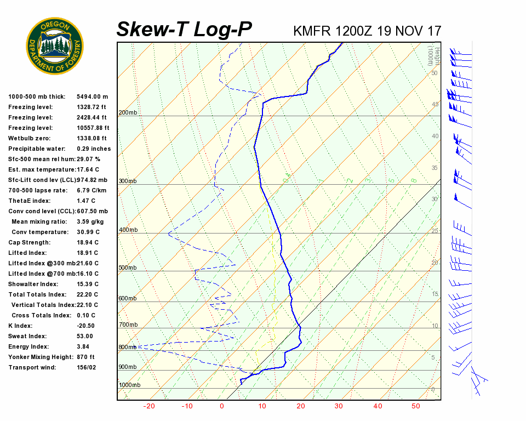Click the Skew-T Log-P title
click(184, 30)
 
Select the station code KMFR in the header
click(312, 31)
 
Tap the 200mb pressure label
click(128, 113)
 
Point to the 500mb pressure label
click(128, 268)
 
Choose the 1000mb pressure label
click(129, 385)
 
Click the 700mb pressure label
click(128, 325)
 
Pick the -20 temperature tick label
click(149, 406)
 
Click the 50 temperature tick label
click(415, 406)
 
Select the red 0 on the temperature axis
click(222, 406)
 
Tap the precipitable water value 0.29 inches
click(94, 149)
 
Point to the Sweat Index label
click(27, 336)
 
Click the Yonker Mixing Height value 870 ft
click(85, 357)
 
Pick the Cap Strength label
click(29, 242)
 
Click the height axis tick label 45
click(434, 104)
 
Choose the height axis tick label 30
click(434, 199)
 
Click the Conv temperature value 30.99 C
click(88, 232)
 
